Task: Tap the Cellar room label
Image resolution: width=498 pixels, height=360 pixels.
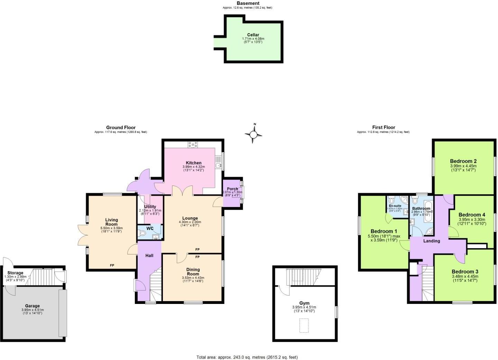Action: (253, 35)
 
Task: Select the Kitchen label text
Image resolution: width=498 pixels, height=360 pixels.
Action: (193, 163)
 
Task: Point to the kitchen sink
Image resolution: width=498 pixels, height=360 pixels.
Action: (218, 165)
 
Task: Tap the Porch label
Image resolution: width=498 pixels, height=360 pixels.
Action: (232, 189)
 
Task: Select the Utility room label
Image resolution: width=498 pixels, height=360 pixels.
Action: (150, 207)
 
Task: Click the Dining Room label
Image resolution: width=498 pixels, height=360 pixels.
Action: (193, 272)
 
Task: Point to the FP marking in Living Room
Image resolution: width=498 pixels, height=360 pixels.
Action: (112, 265)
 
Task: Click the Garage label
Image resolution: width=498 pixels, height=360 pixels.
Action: (33, 306)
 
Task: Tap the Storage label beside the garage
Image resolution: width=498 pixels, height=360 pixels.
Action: (15, 273)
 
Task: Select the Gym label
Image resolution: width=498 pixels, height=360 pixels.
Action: (304, 303)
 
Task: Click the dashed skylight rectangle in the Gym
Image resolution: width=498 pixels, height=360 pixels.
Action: (304, 326)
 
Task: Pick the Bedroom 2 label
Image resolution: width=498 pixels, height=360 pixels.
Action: (463, 161)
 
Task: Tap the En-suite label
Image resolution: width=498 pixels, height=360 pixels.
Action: (395, 206)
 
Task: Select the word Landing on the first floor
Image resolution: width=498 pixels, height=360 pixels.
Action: (432, 241)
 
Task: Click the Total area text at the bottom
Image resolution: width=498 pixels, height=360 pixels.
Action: (247, 357)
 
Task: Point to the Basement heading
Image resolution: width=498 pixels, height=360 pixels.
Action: (248, 3)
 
